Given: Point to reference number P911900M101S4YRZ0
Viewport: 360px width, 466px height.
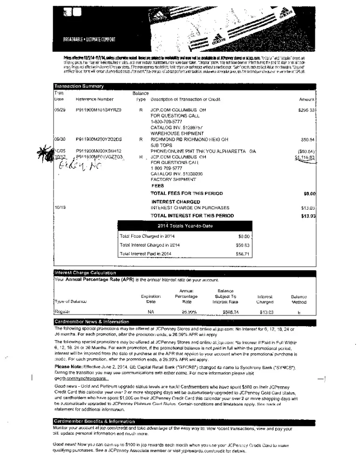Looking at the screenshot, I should coord(98,110).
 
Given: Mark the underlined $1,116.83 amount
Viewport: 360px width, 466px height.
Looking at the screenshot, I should coord(305,158).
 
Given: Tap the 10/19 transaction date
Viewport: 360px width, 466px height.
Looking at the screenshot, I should coord(59,207).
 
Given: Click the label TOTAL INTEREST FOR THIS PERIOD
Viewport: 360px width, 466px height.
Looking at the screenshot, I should coord(192,216).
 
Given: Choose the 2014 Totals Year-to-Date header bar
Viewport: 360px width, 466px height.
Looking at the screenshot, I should coord(185,226).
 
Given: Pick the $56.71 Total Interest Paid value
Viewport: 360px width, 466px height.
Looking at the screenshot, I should coord(243,254).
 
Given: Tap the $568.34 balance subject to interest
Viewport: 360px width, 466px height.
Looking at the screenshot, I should coord(230,312).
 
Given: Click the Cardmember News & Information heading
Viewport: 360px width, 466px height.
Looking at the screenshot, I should coord(91,322).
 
